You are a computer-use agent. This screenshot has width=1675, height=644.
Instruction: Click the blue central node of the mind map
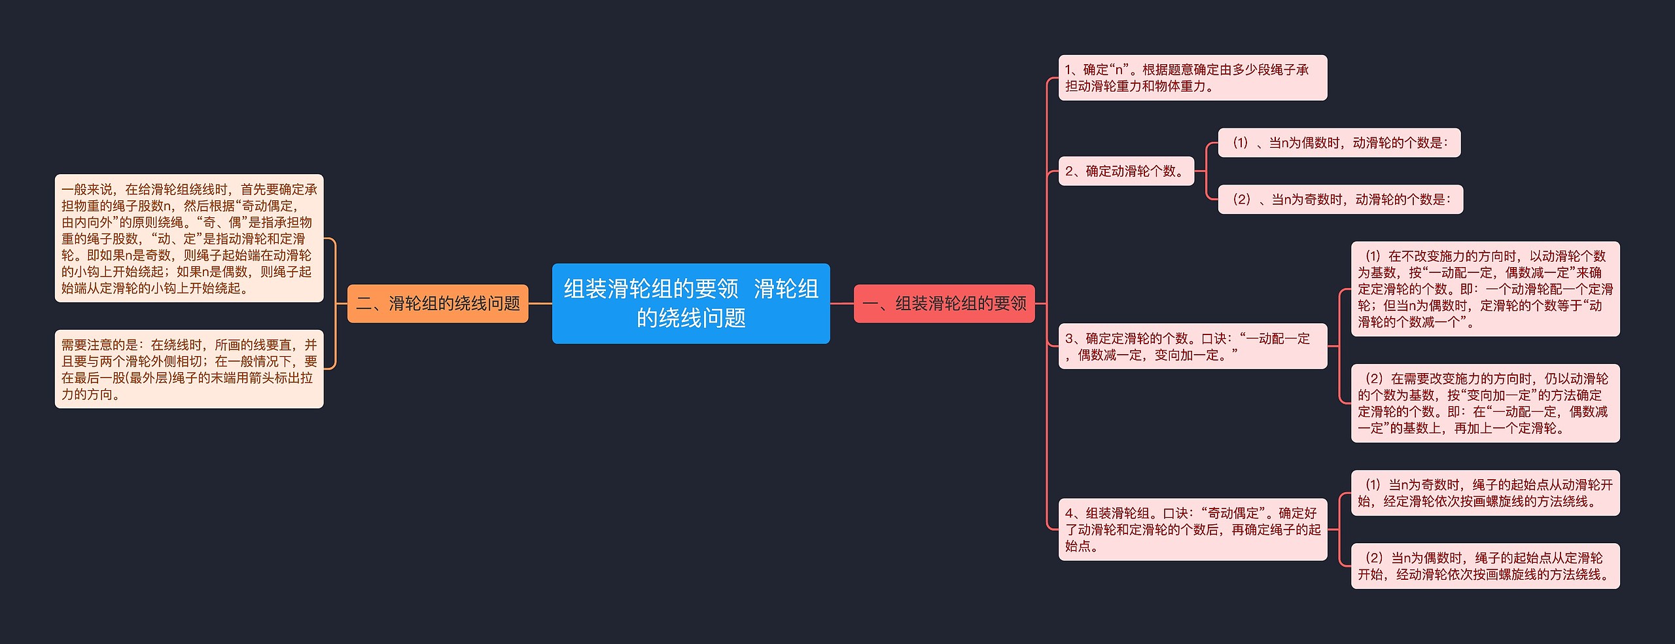690,303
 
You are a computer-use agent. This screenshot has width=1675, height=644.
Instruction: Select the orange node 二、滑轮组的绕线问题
437,304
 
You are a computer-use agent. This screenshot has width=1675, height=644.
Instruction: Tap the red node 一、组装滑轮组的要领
944,304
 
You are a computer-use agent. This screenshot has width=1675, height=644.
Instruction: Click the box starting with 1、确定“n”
1192,78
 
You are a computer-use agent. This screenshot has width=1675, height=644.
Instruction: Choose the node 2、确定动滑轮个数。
1126,171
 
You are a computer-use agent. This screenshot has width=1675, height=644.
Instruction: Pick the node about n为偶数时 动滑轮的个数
1339,143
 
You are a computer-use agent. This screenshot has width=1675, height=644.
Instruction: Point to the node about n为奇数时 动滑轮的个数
1340,200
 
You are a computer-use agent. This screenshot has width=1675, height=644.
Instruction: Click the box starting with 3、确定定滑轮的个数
1192,346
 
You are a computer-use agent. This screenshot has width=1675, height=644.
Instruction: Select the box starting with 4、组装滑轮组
1192,529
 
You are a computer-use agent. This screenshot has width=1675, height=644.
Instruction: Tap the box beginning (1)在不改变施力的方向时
1485,289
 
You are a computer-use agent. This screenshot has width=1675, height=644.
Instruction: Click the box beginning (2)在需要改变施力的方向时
1485,403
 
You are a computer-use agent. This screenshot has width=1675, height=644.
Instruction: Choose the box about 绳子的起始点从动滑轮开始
1485,493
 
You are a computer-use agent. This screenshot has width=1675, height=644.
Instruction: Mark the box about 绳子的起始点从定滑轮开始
1485,566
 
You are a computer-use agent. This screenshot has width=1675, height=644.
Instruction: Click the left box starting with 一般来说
189,238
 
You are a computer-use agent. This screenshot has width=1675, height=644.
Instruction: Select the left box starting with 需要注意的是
189,369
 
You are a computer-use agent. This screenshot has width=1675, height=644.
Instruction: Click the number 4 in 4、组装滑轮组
1069,514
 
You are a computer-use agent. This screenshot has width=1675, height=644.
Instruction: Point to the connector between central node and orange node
540,304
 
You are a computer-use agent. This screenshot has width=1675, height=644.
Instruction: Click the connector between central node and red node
841,304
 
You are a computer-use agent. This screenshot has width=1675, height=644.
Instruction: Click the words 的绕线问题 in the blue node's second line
691,319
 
